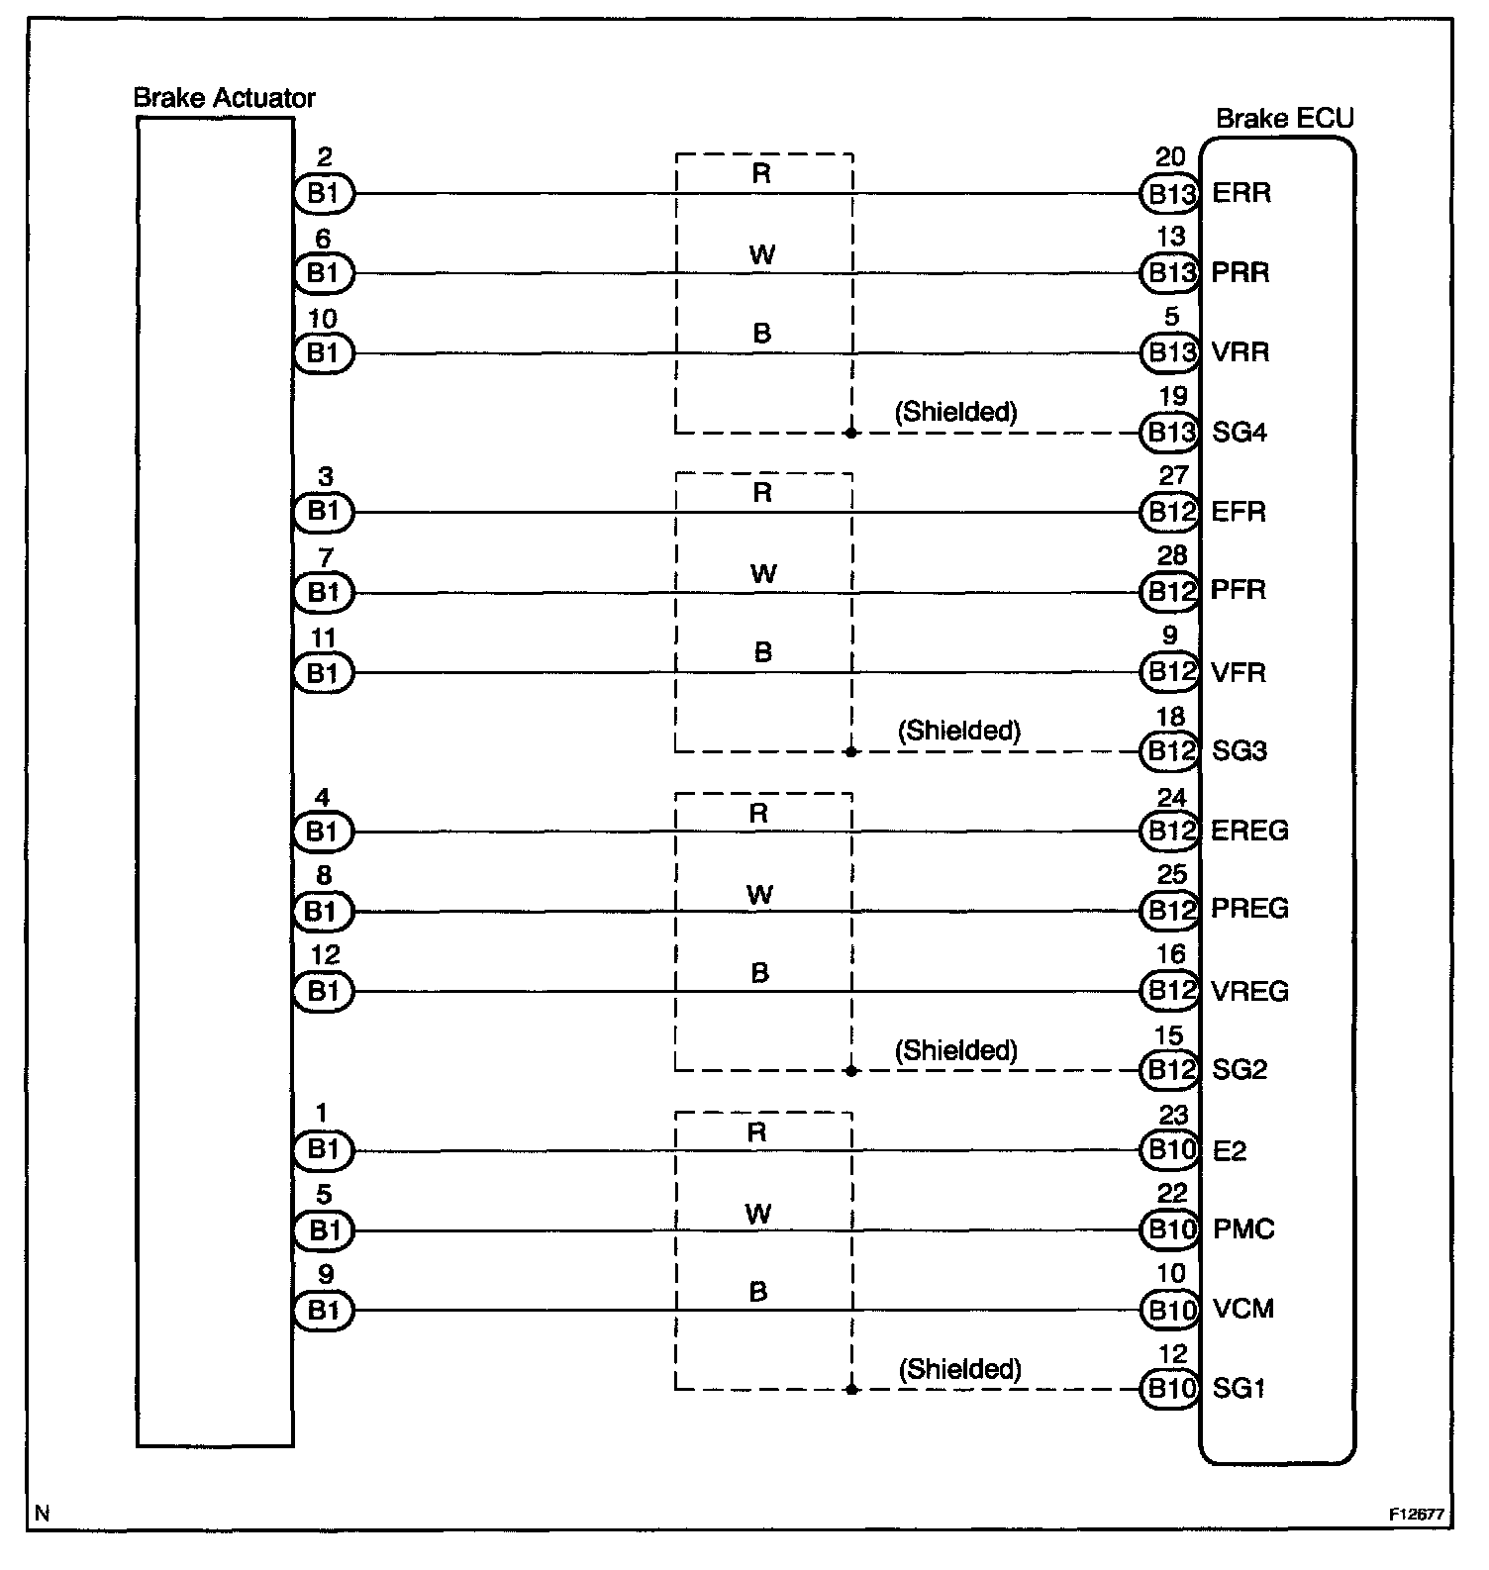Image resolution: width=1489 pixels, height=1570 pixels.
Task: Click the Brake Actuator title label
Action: [x=224, y=98]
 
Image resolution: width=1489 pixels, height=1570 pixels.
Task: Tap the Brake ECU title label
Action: [x=1284, y=119]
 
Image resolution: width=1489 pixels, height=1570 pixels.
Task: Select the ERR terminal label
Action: [x=1241, y=193]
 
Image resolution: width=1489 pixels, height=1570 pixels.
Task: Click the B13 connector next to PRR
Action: [x=1170, y=273]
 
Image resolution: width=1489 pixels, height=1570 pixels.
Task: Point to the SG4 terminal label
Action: [x=1240, y=433]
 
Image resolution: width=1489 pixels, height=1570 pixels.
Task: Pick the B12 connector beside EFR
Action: [x=1170, y=512]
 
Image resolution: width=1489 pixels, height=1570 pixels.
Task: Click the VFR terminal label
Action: [x=1239, y=673]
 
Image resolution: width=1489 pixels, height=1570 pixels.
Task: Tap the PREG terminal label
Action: [x=1249, y=909]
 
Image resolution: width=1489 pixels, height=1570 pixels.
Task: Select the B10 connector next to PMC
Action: [x=1170, y=1230]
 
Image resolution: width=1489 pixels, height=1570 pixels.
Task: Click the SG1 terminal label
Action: [x=1239, y=1389]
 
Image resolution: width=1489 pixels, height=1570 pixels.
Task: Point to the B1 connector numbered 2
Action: [x=324, y=194]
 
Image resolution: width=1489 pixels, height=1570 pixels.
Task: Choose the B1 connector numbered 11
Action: [x=324, y=673]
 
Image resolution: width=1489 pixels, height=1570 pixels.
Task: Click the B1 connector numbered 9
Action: [x=324, y=1311]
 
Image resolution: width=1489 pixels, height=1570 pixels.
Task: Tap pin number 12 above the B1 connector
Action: [x=325, y=955]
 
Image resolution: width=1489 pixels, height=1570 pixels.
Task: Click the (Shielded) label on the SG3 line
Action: [x=958, y=731]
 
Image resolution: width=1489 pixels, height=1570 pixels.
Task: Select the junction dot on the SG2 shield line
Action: [x=851, y=1070]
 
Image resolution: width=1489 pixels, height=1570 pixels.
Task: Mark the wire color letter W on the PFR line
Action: [x=763, y=573]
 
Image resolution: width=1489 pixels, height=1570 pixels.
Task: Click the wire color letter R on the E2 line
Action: [x=757, y=1132]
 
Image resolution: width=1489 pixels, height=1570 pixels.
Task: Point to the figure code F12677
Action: [x=1415, y=1515]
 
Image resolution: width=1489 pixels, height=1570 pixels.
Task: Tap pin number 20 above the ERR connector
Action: [x=1170, y=157]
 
